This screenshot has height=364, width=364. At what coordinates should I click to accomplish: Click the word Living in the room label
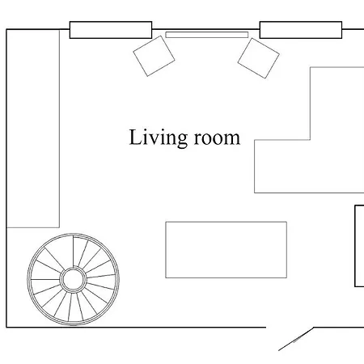pyautogui.click(x=159, y=138)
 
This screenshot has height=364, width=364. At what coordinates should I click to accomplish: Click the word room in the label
pyautogui.click(x=217, y=138)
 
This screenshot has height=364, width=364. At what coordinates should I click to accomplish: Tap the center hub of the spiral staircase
pyautogui.click(x=73, y=280)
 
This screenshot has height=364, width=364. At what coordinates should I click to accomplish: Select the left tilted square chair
pyautogui.click(x=154, y=56)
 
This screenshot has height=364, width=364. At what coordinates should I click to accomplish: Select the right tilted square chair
pyautogui.click(x=259, y=58)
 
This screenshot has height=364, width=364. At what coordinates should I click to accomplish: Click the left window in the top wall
pyautogui.click(x=111, y=30)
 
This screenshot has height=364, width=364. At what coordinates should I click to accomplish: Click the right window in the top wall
pyautogui.click(x=301, y=30)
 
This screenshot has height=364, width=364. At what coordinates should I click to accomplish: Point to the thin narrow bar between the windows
pyautogui.click(x=207, y=35)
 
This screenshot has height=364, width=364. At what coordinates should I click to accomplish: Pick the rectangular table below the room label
pyautogui.click(x=226, y=250)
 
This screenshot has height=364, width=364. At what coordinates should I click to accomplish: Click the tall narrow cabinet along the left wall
pyautogui.click(x=33, y=129)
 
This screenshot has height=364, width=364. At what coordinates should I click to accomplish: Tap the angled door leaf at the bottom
pyautogui.click(x=296, y=339)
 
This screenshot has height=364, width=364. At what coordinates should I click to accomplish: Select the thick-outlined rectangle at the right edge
pyautogui.click(x=359, y=246)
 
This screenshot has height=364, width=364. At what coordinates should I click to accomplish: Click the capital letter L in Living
pyautogui.click(x=135, y=137)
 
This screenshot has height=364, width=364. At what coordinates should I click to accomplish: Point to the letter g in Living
pyautogui.click(x=182, y=140)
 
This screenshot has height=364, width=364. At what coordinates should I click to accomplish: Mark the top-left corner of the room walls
pyautogui.click(x=6, y=29)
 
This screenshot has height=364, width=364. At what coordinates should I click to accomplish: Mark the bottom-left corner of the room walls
pyautogui.click(x=6, y=328)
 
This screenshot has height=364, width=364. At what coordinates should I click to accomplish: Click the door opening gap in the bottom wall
pyautogui.click(x=290, y=328)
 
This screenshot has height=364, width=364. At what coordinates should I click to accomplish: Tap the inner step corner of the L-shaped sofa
pyautogui.click(x=310, y=140)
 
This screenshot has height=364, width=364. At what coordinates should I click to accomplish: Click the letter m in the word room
pyautogui.click(x=233, y=139)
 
